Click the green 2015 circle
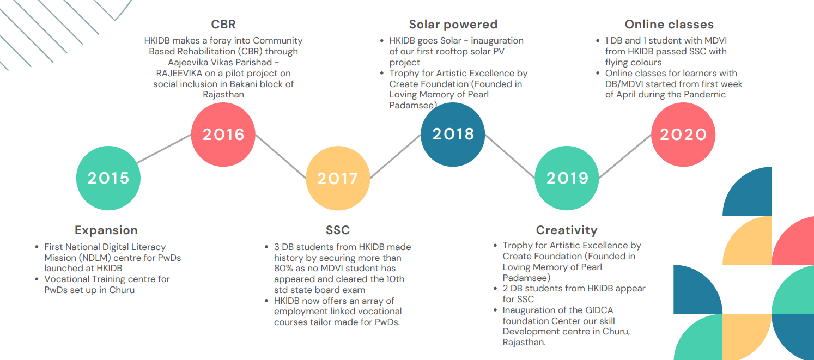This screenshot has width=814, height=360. point(108,178)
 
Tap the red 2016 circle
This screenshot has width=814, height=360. point(223,135)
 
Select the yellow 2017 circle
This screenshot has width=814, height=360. point(338,178)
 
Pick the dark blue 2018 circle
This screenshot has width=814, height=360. point(453,135)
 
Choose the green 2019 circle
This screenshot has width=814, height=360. point(567,178)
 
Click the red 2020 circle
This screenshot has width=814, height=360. point(683,135)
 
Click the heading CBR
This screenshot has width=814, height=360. point(223,25)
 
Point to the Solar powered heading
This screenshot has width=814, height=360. point(453,25)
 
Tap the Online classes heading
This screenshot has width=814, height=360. point(669,25)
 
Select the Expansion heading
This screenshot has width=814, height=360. point(106,230)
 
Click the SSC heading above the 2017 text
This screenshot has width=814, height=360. point(338,230)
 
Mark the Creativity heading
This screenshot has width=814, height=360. point(567,230)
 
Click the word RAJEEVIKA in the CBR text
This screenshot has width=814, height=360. point(179,74)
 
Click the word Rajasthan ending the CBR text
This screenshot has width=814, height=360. point(223,95)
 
